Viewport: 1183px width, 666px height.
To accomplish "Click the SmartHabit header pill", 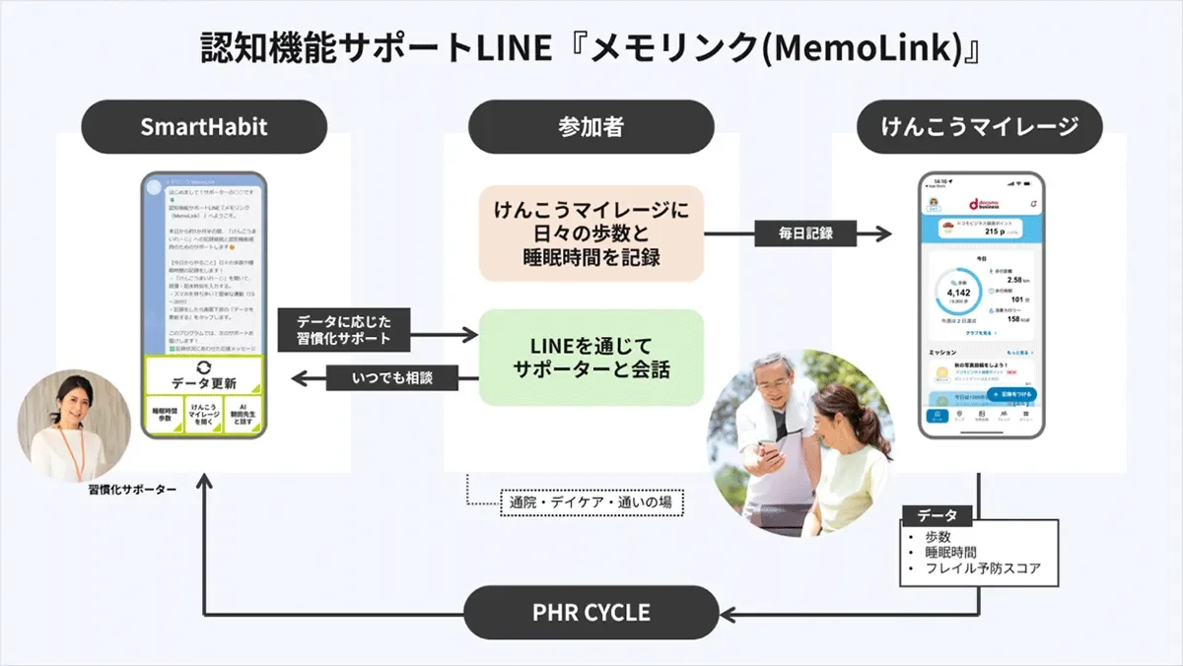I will pos(203,126).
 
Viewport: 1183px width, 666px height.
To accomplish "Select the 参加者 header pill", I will pos(591,126).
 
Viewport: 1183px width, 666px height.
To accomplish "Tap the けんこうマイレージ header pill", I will pos(978,126).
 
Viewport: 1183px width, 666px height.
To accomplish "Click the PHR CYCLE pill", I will pos(591,612).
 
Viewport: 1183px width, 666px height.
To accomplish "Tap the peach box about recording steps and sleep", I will pos(591,233).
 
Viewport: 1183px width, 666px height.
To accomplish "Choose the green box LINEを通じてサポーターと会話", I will pos(591,357).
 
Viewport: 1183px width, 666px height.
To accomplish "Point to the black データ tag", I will pos(937,515).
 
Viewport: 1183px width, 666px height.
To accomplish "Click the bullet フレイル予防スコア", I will pos(982,568).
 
